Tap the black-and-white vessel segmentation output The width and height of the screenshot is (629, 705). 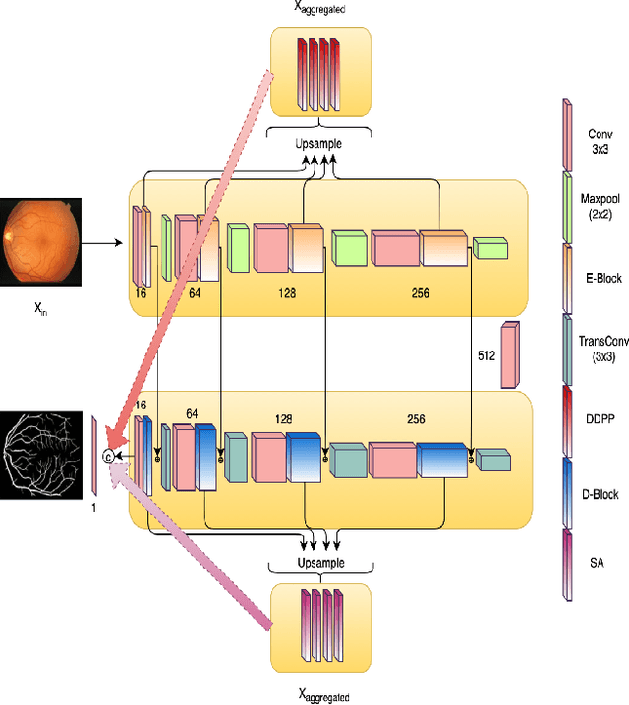[x=38, y=454]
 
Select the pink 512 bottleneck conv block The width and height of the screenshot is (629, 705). [x=510, y=354]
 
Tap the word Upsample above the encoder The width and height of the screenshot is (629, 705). [x=318, y=143]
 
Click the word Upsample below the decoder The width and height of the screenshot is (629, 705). [x=318, y=567]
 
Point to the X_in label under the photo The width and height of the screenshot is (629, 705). [x=40, y=308]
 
